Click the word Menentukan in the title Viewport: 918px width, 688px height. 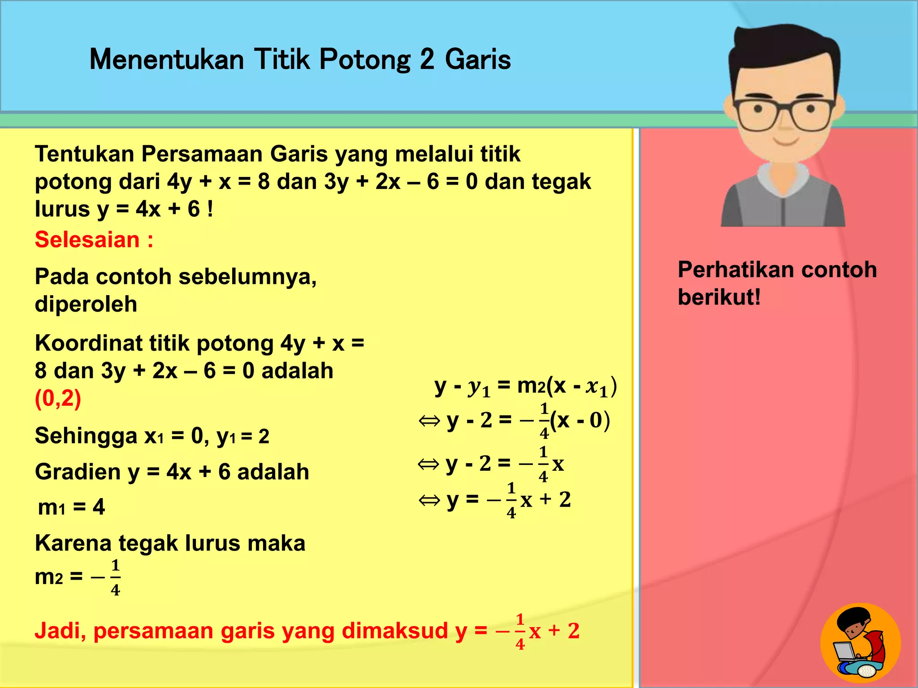[x=166, y=60]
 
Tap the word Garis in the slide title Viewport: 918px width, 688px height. [x=478, y=60]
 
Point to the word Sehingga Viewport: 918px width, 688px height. [x=86, y=436]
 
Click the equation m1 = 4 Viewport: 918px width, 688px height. [x=71, y=507]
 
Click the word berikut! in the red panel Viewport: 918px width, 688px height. [x=719, y=297]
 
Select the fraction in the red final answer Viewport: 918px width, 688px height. [x=520, y=632]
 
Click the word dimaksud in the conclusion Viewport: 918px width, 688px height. [x=394, y=631]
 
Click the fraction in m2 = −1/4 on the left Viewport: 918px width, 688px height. [x=115, y=578]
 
